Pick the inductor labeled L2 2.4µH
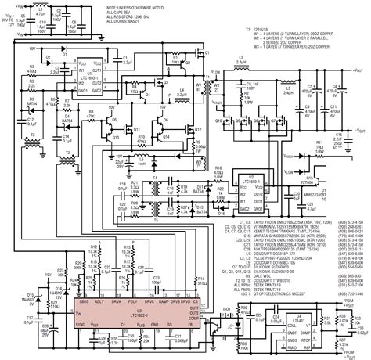(x=245, y=59)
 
